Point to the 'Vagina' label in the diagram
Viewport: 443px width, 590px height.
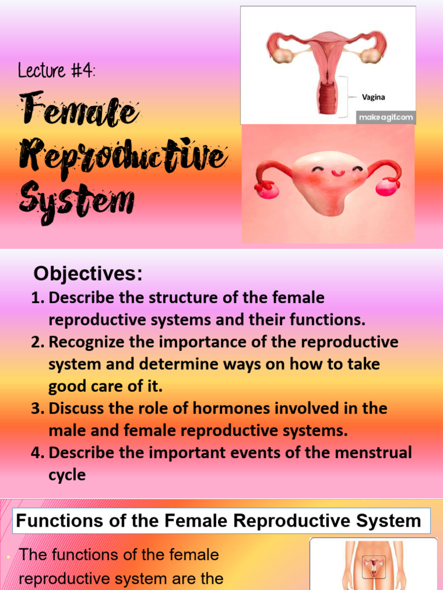373,97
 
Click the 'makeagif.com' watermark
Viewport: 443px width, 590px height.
386,118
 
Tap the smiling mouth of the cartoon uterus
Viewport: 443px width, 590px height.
337,173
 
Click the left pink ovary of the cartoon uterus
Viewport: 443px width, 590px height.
267,188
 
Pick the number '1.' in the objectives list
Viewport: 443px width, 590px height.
37,298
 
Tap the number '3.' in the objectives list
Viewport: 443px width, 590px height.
37,409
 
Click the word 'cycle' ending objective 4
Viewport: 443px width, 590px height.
67,475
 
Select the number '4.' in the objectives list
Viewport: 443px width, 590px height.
37,453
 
